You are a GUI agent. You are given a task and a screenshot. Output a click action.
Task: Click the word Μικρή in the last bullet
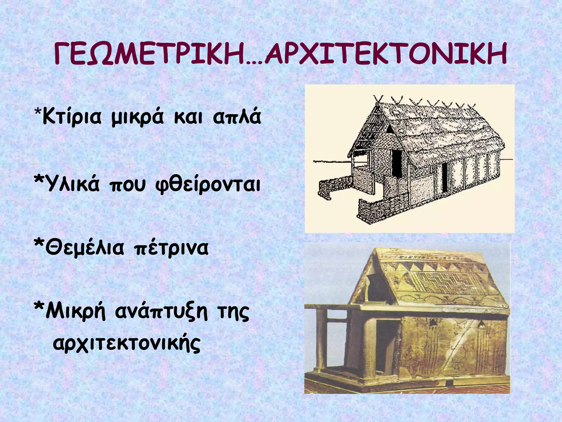75,312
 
